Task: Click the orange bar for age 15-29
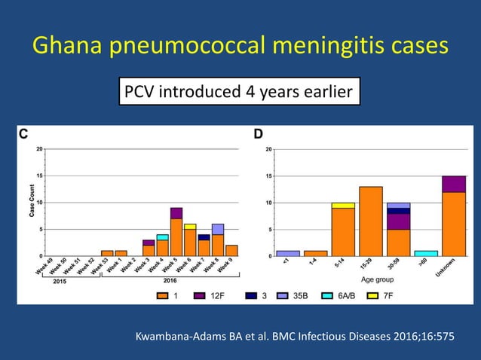[371, 221]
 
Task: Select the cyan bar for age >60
[426, 253]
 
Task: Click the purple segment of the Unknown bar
[453, 184]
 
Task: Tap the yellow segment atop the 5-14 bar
[343, 205]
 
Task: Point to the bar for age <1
[288, 253]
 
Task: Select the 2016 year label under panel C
[171, 282]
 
